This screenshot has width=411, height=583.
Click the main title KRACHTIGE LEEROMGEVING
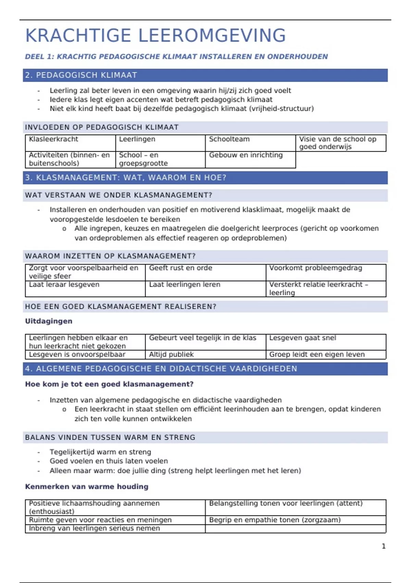(155, 36)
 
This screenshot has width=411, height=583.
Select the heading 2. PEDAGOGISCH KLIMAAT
(81, 75)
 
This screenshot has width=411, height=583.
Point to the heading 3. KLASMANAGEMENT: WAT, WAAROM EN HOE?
(126, 178)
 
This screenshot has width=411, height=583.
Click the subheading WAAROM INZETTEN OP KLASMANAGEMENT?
(110, 256)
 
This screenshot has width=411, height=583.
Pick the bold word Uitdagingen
(49, 321)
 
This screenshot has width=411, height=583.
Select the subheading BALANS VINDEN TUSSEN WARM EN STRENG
(110, 438)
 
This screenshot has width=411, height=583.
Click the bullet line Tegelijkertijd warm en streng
(100, 452)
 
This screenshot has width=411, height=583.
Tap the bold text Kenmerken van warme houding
(87, 487)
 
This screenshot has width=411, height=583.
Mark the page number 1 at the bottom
(384, 546)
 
